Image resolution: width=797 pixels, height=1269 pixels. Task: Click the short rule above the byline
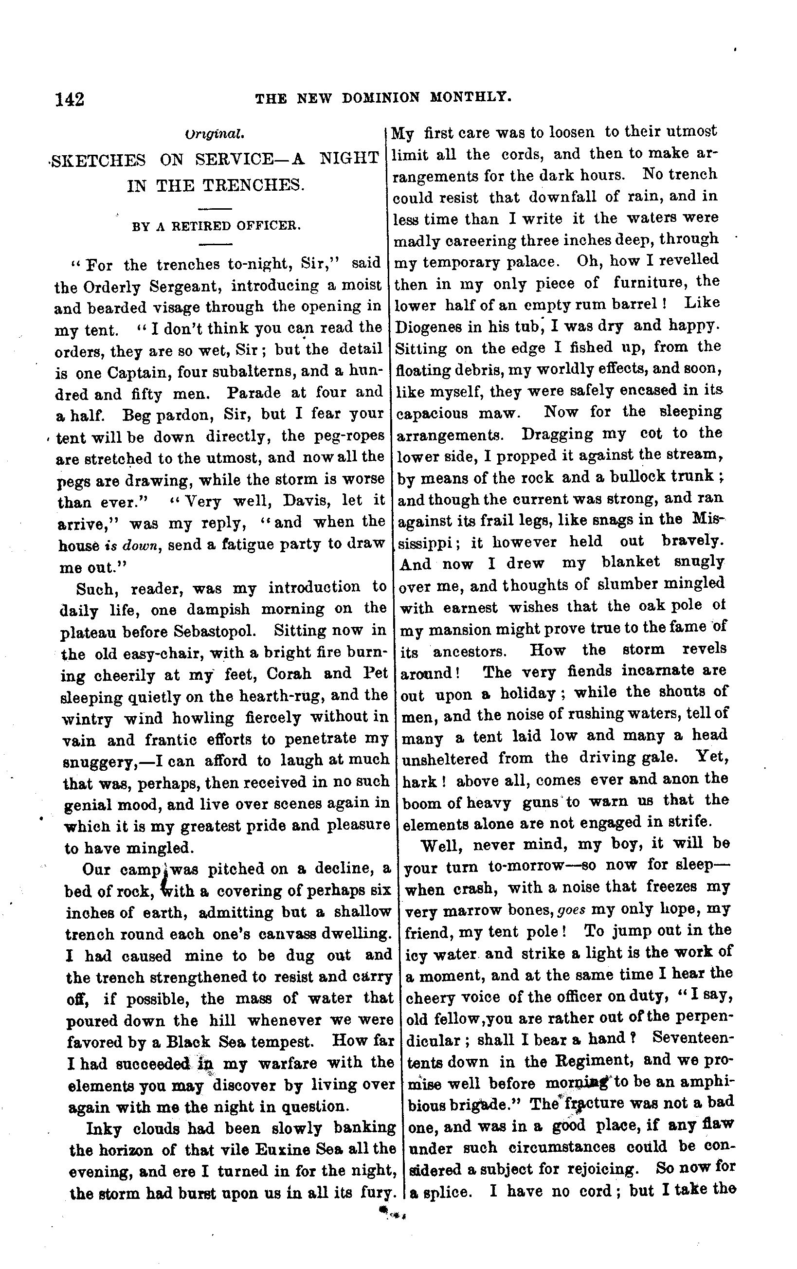coord(217,209)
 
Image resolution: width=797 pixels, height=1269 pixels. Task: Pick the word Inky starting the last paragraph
coord(102,1125)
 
